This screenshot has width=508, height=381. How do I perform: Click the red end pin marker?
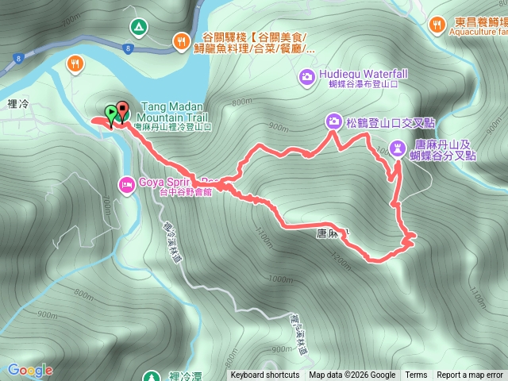pyautogui.click(x=121, y=110)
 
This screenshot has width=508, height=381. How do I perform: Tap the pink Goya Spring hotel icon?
pyautogui.click(x=126, y=185)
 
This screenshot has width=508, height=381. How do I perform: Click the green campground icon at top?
pyautogui.click(x=139, y=28)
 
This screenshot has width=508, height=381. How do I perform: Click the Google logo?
pyautogui.click(x=29, y=370)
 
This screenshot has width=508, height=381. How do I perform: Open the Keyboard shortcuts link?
pyautogui.click(x=264, y=375)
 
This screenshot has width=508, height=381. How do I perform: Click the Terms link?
pyautogui.click(x=416, y=375)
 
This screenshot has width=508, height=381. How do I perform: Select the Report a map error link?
pyautogui.click(x=470, y=375)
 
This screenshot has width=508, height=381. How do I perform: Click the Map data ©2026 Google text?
pyautogui.click(x=352, y=375)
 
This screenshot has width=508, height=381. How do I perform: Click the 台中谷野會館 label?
pyautogui.click(x=186, y=192)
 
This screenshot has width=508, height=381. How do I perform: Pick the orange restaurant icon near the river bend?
pyautogui.click(x=76, y=63)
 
